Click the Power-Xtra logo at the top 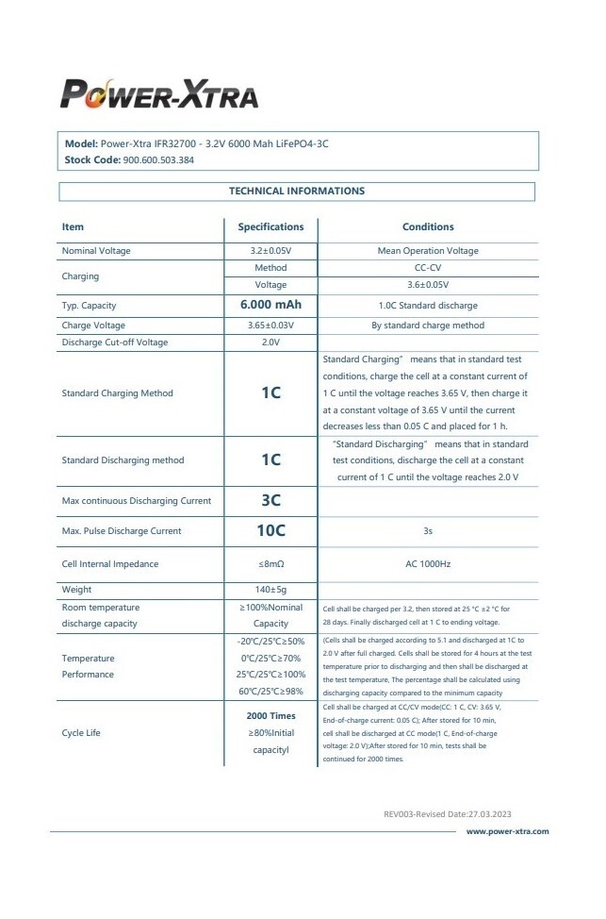point(159,93)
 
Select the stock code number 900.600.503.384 point(158,160)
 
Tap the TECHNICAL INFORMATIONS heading point(297,191)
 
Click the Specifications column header point(270,226)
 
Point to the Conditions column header point(428,226)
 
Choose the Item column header point(73,226)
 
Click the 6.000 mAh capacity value point(270,306)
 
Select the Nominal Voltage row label point(96,251)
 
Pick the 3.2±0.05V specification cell point(270,251)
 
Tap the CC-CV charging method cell point(428,268)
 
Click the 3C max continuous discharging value point(270,501)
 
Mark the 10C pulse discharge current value point(270,531)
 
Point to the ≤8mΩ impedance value point(270,564)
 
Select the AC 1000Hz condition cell point(428,564)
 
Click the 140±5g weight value point(270,590)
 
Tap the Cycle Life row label point(81,732)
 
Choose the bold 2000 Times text point(270,716)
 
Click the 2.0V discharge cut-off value point(270,343)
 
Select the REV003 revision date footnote point(448,813)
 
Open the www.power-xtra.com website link point(507,831)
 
